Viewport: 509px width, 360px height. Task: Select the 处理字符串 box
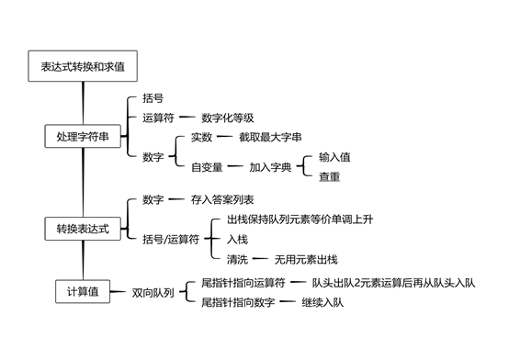pyautogui.click(x=82, y=137)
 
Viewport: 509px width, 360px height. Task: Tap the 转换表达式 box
pyautogui.click(x=82, y=228)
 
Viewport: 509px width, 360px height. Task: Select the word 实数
pyautogui.click(x=201, y=137)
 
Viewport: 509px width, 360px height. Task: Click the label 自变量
pyautogui.click(x=207, y=167)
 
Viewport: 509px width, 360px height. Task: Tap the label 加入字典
pyautogui.click(x=269, y=167)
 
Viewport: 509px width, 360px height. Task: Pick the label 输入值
pyautogui.click(x=334, y=157)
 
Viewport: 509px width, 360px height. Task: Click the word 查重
pyautogui.click(x=329, y=176)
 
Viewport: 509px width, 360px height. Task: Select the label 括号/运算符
pyautogui.click(x=171, y=240)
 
